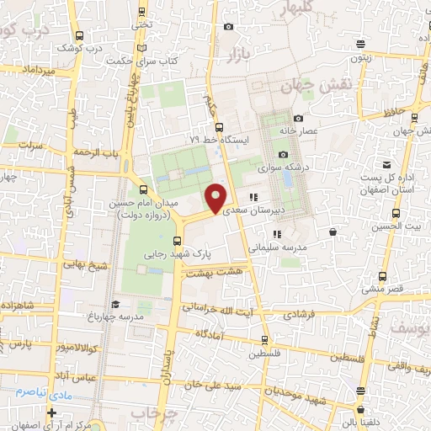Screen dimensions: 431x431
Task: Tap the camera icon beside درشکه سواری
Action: coord(283,154)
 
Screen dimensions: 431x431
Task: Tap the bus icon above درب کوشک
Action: coord(79,36)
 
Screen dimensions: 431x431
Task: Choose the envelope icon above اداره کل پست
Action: coord(386,164)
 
